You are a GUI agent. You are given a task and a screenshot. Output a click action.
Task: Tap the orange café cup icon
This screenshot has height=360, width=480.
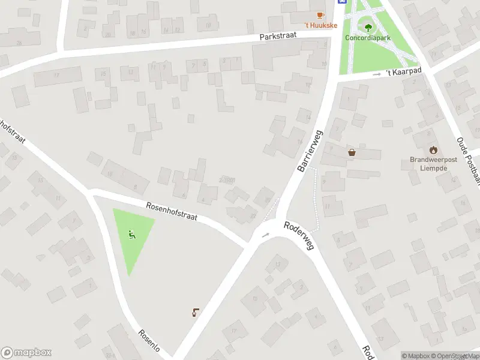click(320, 15)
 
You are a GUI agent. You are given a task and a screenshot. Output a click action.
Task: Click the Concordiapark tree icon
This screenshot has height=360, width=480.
click(366, 26)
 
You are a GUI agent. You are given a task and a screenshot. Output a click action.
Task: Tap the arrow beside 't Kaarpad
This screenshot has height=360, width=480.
click(377, 74)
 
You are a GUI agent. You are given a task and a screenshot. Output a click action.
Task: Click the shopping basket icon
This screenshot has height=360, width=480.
click(352, 152)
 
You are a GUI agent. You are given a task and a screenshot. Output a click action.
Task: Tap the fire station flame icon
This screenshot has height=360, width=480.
click(433, 149)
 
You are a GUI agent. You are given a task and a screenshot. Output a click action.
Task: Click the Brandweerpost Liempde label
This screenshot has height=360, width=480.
click(433, 164)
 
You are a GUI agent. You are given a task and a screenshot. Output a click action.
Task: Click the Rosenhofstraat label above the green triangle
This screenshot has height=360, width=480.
click(171, 213)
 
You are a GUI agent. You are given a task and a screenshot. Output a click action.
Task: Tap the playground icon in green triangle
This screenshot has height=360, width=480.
click(132, 235)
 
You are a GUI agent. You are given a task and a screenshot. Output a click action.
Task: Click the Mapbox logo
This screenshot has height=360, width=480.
click(26, 353)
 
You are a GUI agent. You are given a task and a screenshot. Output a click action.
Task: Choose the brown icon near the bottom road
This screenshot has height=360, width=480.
click(196, 311)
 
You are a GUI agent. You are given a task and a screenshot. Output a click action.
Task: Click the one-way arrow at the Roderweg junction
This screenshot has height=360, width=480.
click(265, 235)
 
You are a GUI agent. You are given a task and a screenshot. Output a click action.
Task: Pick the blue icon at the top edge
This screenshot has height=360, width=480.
click(342, 2)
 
